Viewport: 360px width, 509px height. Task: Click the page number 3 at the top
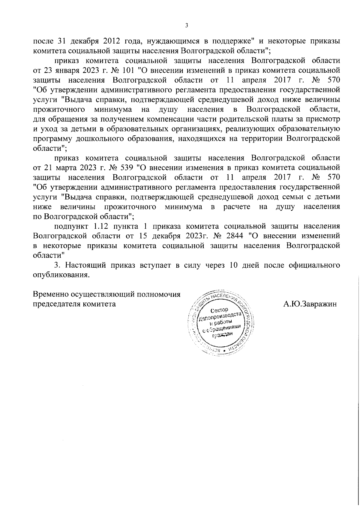click(x=186, y=26)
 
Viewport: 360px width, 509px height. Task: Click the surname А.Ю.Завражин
click(x=310, y=304)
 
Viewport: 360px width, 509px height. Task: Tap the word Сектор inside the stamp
click(x=219, y=310)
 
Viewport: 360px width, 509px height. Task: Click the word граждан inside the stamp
click(x=222, y=336)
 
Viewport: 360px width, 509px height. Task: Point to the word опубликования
click(x=61, y=275)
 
